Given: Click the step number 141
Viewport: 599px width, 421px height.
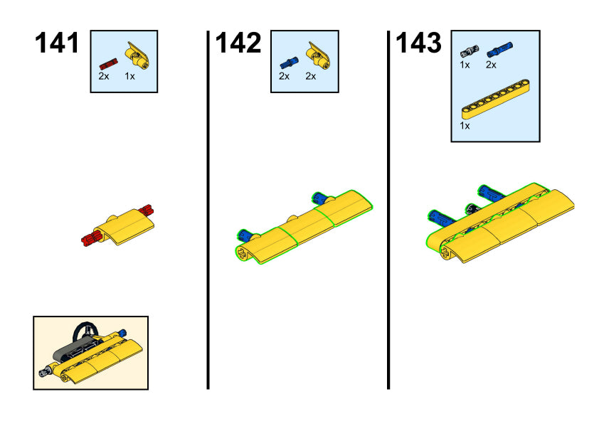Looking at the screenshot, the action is click(57, 43).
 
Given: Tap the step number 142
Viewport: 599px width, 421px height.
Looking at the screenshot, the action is click(238, 43).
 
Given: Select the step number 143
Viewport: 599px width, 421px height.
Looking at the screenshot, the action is click(419, 43).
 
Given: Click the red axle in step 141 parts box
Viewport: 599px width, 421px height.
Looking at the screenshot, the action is click(109, 64).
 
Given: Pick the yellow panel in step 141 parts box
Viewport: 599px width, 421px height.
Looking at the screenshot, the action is click(137, 55).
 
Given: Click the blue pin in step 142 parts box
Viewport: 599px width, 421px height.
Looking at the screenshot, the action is click(290, 63).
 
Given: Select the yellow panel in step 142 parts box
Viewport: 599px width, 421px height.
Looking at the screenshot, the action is click(318, 55).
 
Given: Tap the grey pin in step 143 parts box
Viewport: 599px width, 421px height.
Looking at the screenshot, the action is click(470, 50).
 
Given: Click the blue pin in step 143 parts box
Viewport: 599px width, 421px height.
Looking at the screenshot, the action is click(499, 50).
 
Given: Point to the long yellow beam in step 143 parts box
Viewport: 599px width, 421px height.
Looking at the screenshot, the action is click(496, 99).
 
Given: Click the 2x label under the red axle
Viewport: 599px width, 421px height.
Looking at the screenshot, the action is click(104, 76).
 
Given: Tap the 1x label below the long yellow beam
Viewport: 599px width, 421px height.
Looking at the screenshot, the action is click(465, 126).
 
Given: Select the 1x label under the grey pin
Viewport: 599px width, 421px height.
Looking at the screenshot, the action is click(465, 65).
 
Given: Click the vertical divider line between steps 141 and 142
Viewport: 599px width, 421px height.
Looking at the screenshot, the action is click(208, 210).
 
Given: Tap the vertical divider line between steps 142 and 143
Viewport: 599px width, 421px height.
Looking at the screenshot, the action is click(388, 210).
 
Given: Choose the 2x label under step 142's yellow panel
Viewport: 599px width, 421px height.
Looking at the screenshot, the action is click(311, 76).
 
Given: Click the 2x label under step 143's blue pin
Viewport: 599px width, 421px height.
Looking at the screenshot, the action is click(491, 65).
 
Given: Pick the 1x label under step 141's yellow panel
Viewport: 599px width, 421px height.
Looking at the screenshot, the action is click(129, 76).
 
